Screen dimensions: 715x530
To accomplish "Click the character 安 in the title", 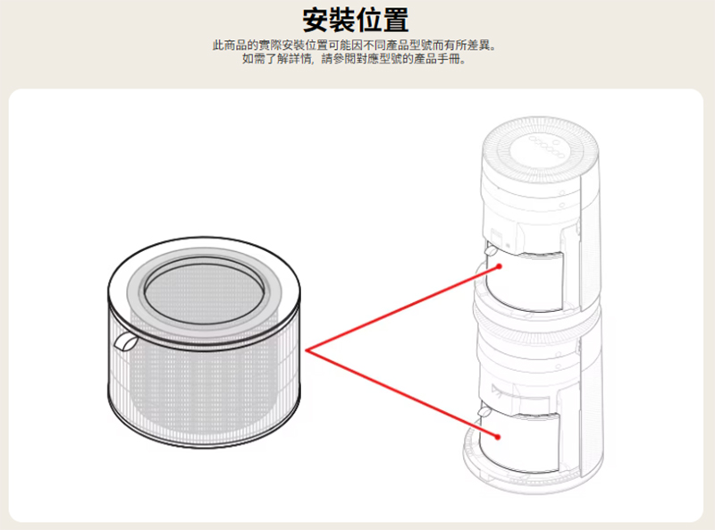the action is [316, 20].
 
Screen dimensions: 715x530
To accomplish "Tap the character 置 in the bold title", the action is [396, 20].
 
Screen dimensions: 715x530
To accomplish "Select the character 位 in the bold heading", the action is [369, 20].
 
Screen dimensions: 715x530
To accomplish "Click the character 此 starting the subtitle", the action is [218, 46].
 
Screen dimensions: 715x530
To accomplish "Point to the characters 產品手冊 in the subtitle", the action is [437, 59].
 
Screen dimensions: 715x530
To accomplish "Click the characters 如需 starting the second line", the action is [254, 59].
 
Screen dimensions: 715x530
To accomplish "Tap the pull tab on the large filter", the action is [125, 341].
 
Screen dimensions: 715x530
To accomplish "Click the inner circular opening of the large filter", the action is [204, 290].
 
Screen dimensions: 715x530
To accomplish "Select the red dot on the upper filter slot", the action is [500, 266].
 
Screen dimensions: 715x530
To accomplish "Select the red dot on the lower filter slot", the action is [498, 437].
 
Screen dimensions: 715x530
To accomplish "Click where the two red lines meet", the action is [307, 350].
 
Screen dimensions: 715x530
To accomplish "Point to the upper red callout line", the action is [403, 308].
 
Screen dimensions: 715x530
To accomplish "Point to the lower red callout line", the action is [402, 393].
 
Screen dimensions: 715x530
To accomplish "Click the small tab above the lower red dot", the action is [484, 413].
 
